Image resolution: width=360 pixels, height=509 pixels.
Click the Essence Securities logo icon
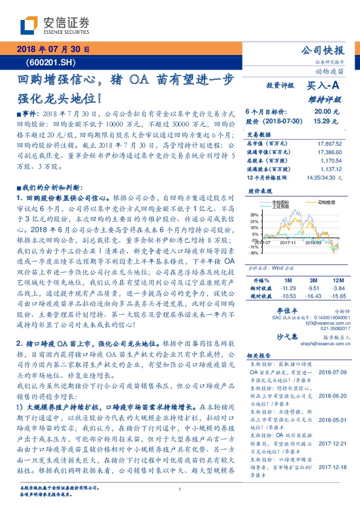point(28,25)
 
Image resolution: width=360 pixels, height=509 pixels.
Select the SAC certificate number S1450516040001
point(316,317)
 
